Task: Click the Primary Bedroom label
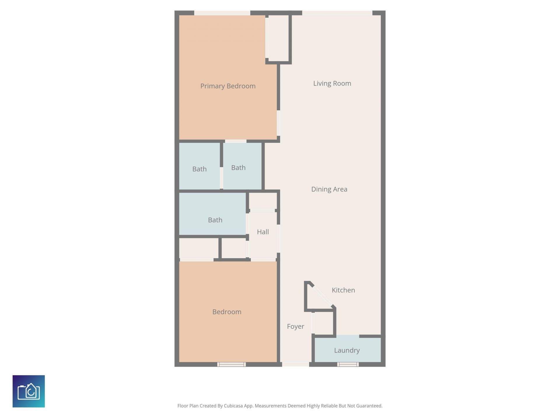(x=228, y=86)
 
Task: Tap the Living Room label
(x=332, y=83)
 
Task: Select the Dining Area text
(x=329, y=189)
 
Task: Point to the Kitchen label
(x=343, y=290)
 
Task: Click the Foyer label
(x=295, y=326)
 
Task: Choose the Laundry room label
(x=346, y=350)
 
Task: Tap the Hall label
(x=262, y=232)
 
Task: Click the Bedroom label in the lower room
(x=227, y=312)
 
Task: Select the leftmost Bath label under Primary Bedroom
(x=199, y=169)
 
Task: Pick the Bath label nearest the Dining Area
(x=238, y=168)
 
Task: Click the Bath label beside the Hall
(x=215, y=220)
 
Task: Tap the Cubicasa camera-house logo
(x=29, y=391)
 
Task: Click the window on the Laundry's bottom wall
(x=348, y=364)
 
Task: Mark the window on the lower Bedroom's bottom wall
(x=232, y=364)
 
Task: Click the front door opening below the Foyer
(x=295, y=364)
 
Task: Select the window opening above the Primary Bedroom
(x=222, y=13)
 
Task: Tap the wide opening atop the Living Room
(x=337, y=13)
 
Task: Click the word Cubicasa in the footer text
(x=233, y=406)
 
